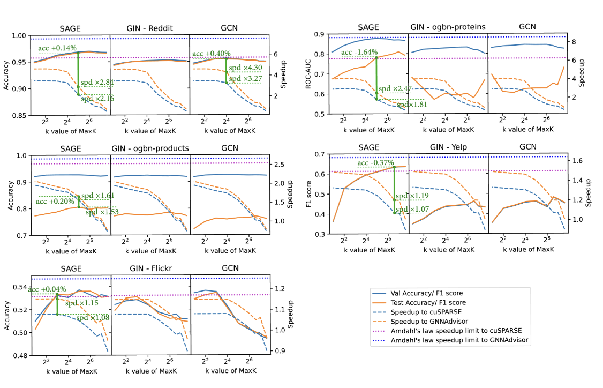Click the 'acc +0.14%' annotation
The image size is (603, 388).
click(x=57, y=48)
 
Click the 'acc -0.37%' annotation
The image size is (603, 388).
click(x=376, y=162)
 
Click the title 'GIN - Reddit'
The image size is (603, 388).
click(x=149, y=28)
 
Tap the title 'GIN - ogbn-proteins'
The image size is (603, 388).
click(x=448, y=27)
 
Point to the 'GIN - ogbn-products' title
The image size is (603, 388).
click(x=150, y=148)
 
